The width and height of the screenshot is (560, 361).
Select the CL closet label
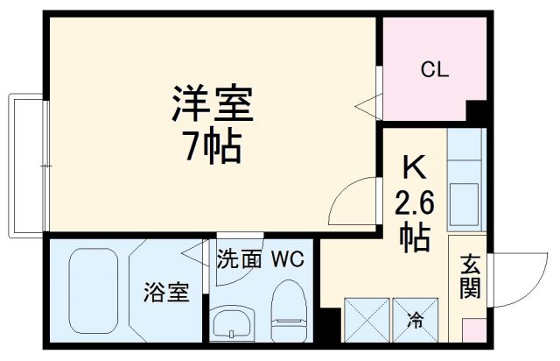point(434,70)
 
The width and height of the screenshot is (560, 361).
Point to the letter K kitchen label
point(415,166)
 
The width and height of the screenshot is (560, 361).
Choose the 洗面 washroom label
point(238,259)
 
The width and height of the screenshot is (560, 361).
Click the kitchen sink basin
point(464,194)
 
